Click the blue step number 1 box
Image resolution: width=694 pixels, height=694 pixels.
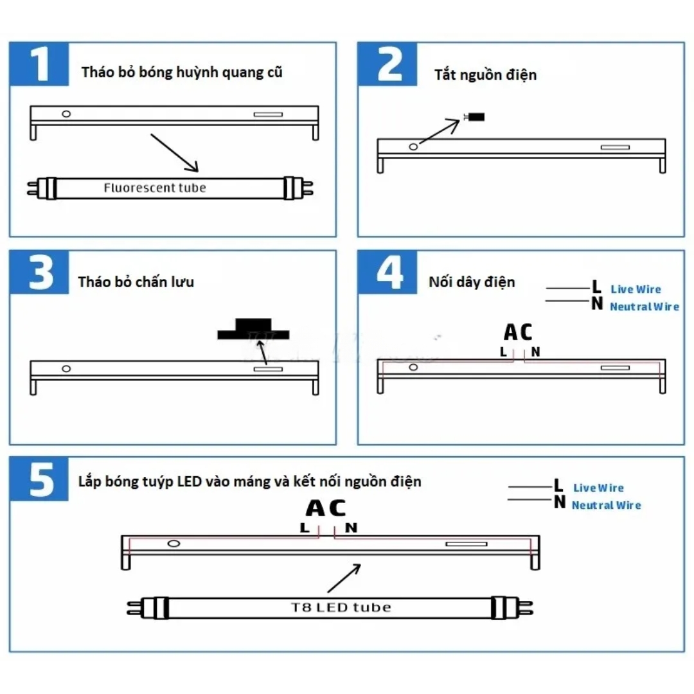click(39, 64)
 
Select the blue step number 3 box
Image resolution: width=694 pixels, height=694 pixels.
click(39, 272)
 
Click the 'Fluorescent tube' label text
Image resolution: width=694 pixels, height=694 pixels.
click(155, 188)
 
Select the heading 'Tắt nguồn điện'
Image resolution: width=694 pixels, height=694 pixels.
click(485, 75)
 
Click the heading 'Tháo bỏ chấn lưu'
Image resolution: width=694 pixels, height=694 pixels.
click(136, 281)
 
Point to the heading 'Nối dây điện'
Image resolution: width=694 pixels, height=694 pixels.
click(472, 281)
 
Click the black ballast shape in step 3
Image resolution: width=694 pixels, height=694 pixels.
click(253, 329)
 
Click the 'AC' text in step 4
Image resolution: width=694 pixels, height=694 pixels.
click(518, 332)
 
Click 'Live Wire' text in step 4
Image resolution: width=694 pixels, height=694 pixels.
click(635, 290)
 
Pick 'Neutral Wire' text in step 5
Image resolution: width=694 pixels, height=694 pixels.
click(606, 506)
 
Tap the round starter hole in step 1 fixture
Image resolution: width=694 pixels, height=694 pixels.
click(66, 114)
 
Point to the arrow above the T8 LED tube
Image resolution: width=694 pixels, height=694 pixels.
click(344, 578)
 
